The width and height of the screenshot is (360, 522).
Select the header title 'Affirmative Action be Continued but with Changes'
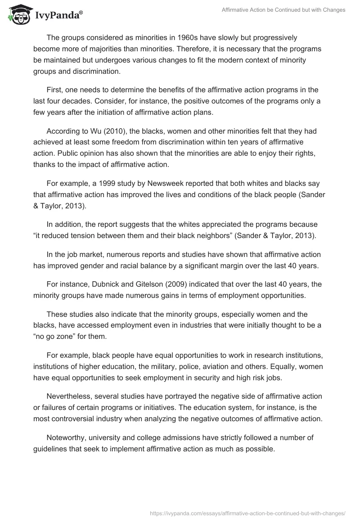283,10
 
